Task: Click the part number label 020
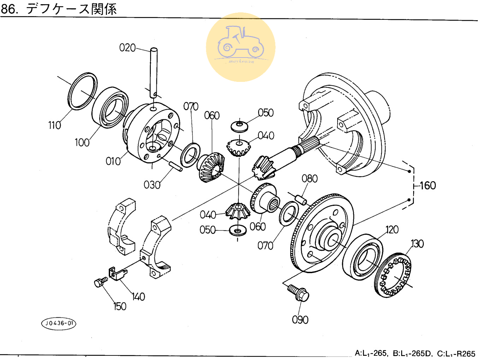point(127,48)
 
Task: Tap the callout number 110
point(54,125)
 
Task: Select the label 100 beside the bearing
point(82,143)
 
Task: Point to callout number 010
point(113,161)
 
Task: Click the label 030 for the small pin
point(152,185)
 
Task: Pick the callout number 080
point(309,179)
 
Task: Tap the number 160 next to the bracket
point(427,186)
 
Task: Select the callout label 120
point(392,230)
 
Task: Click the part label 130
point(417,244)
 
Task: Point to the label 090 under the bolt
point(300,320)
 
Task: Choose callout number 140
point(138,297)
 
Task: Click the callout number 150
point(120,306)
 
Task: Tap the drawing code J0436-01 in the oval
point(59,323)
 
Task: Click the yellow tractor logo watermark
point(241,47)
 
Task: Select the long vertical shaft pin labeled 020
point(154,72)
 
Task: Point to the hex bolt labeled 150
point(100,282)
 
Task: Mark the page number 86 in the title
point(8,9)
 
